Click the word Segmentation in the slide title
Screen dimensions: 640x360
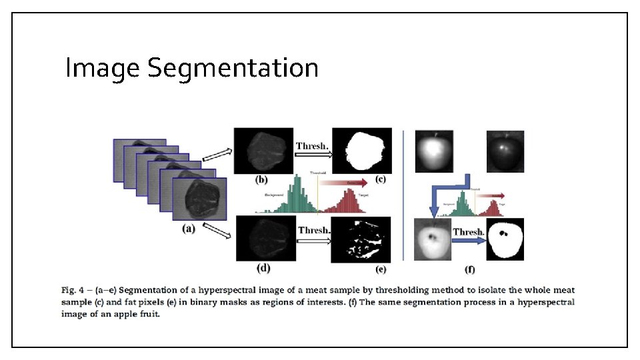pyautogui.click(x=233, y=68)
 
